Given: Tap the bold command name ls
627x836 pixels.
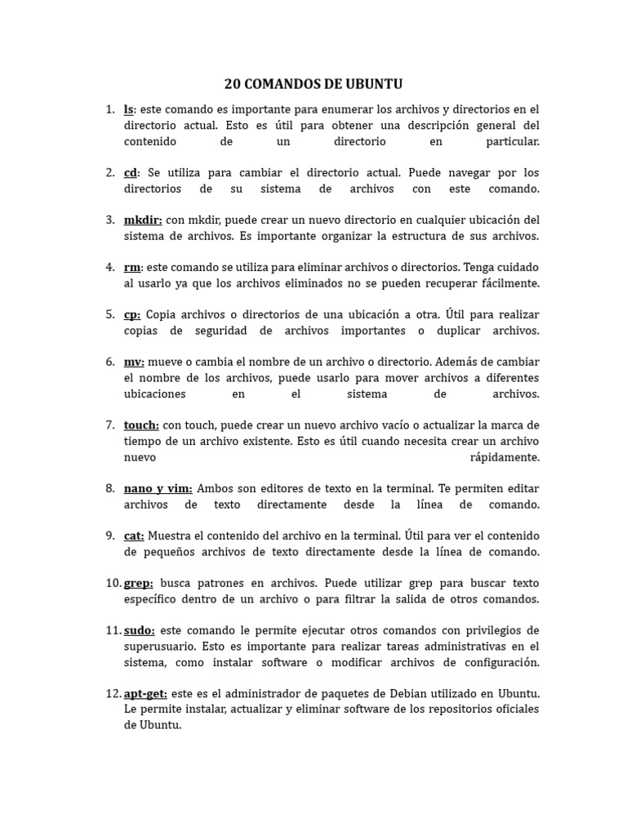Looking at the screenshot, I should pos(129,109).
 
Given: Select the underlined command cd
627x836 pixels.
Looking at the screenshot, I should pos(131,173).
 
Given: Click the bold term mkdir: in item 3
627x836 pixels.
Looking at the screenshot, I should pos(143,220).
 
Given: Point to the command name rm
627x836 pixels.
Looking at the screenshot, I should pos(131,268).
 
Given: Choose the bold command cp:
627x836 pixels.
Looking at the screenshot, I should pos(132,315).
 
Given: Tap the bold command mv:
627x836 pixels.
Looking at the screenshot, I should pos(134,362).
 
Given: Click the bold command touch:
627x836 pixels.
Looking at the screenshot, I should pos(142,425).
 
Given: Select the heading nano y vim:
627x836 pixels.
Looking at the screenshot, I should pos(158,488).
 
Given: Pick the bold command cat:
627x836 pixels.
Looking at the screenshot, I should pos(134,536).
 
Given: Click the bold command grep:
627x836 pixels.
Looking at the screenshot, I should pos(138,584).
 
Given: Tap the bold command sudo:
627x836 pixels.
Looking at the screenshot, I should pos(138,630).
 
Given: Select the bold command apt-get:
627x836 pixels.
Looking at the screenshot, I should pos(145,694).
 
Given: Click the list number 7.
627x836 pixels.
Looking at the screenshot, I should pos(109,425).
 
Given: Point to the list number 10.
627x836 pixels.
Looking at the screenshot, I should pos(113,584).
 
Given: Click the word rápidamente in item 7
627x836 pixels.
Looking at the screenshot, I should pos(505,457).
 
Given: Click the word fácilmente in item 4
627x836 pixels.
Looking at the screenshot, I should pos(511,283).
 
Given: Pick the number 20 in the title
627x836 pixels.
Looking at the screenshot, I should pos(233,84).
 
